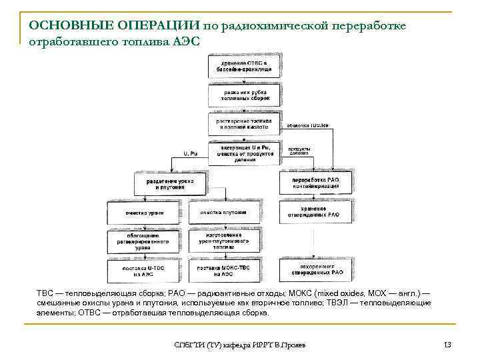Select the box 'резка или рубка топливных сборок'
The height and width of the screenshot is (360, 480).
243,94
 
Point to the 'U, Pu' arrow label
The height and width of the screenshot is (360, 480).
190,154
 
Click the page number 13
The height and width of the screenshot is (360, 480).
447,345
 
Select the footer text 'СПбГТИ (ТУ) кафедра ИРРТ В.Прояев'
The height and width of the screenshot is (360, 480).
239,345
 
